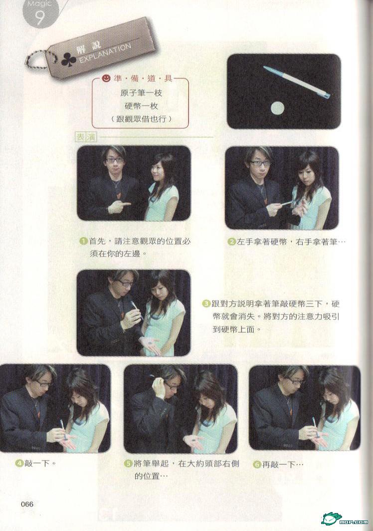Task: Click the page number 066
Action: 27,504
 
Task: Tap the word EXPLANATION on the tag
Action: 105,54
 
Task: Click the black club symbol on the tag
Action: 69,60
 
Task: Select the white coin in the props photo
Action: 277,108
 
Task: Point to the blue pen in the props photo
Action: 297,82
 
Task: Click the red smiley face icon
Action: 106,79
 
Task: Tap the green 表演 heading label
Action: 86,137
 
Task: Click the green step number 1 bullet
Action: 84,242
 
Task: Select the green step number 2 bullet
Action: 232,242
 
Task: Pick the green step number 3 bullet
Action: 206,303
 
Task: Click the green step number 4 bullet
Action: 19,463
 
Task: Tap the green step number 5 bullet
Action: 128,464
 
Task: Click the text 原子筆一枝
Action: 141,92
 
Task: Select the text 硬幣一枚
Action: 141,106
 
